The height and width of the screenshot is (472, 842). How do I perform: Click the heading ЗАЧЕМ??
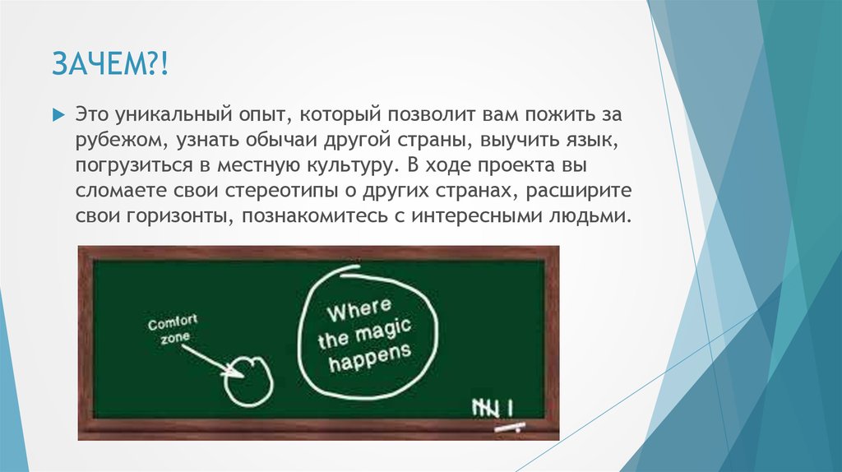(110, 63)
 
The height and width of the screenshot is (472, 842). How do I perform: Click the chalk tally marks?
(493, 405)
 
